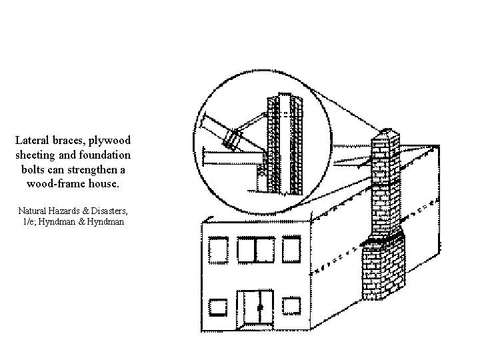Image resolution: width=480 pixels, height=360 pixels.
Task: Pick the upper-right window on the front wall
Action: (x=291, y=251)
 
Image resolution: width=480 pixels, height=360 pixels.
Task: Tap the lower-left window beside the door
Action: (x=218, y=307)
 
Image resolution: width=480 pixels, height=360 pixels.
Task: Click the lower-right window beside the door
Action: (x=291, y=306)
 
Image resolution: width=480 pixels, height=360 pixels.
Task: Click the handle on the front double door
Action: (x=260, y=307)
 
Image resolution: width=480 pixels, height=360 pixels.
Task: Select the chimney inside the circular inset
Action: (x=286, y=143)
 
